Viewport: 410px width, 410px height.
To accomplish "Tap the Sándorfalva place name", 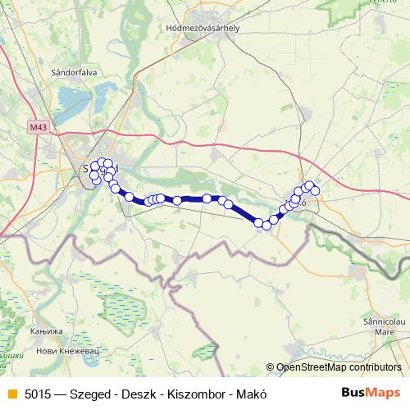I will (x=75, y=72).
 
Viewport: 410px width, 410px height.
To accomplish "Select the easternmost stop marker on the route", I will (x=315, y=190).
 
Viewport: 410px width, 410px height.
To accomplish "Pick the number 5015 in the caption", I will (x=35, y=392).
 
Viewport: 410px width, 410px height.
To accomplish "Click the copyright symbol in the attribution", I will (x=271, y=368).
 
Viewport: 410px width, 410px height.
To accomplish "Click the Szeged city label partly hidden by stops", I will (x=100, y=168).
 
